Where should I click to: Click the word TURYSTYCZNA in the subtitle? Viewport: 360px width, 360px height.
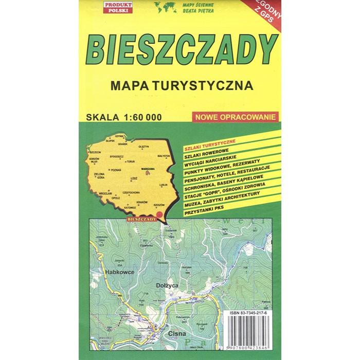point(209,85)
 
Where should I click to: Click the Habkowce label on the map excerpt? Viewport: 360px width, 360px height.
point(119,271)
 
